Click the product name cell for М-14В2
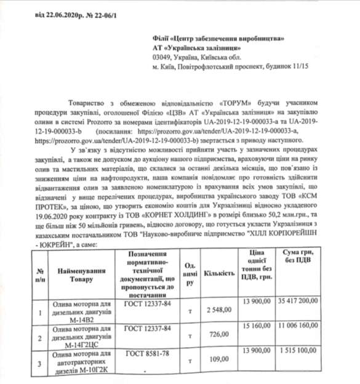[x=78, y=311]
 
